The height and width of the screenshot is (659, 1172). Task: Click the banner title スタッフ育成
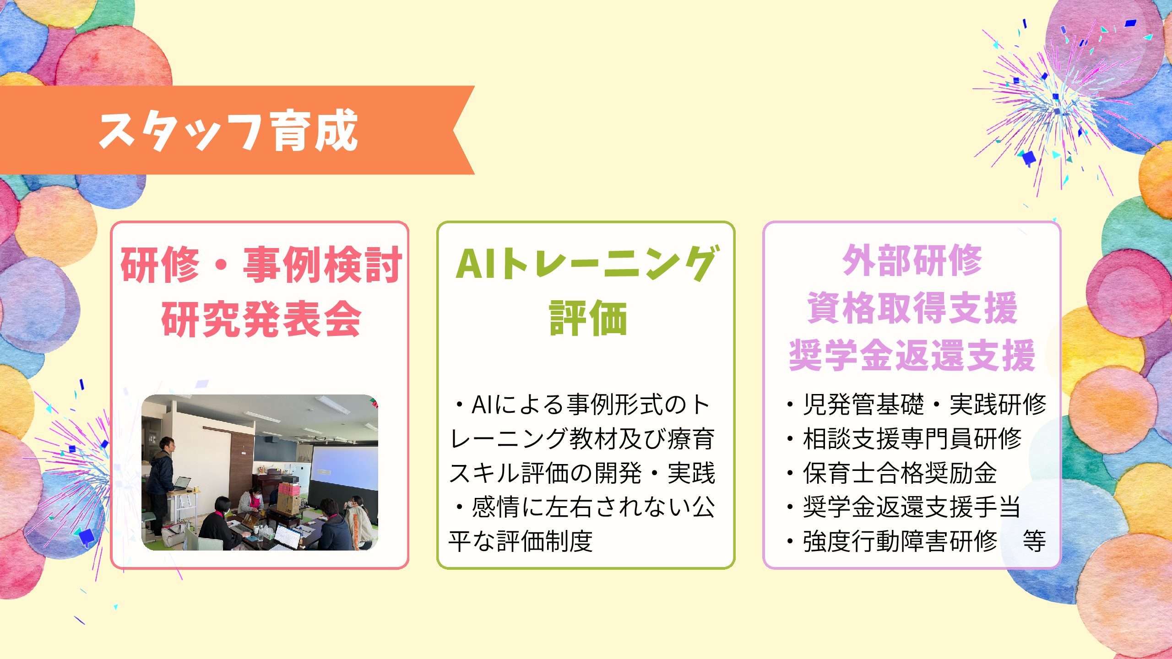(x=228, y=131)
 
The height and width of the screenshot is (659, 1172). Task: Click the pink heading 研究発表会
(x=261, y=319)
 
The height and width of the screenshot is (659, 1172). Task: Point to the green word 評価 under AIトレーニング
(x=588, y=318)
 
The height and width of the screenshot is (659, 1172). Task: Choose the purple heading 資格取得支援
(x=912, y=308)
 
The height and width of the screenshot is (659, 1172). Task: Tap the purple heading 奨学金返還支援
(x=912, y=355)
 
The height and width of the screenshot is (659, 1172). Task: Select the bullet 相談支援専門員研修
(x=904, y=439)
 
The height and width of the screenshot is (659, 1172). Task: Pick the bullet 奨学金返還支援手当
(x=904, y=507)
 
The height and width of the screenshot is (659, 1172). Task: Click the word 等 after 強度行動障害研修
(x=1034, y=541)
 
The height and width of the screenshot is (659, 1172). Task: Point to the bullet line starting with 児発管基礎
(x=916, y=405)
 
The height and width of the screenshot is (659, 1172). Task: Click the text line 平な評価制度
(x=521, y=541)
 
